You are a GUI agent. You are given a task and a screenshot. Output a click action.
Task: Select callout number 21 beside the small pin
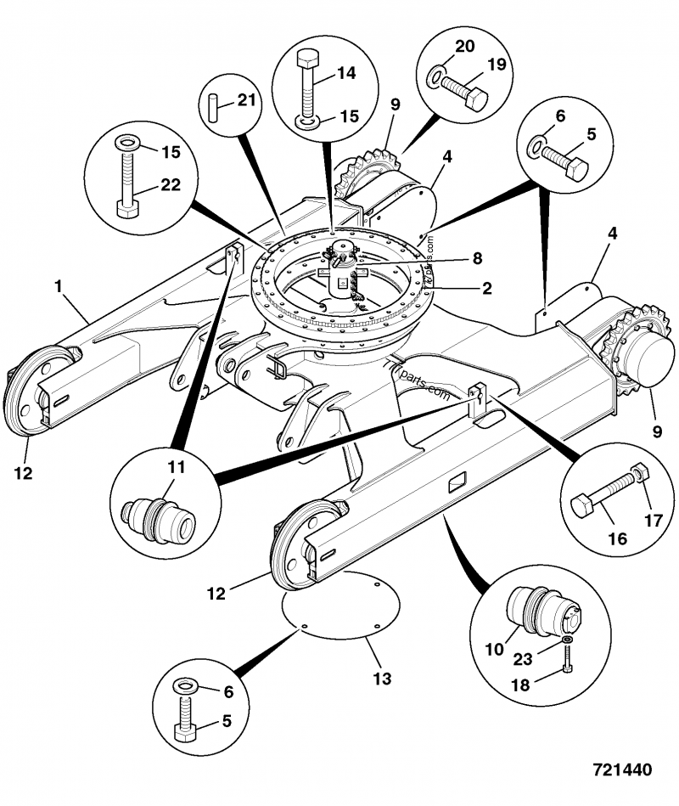pos(245,100)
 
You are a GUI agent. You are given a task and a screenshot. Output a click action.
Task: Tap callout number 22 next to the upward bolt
pos(171,186)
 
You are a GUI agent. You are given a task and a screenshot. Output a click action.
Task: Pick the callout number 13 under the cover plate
pos(382,679)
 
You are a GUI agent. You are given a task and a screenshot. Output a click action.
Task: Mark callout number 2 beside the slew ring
pos(486,288)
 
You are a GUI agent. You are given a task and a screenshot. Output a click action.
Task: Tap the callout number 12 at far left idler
pos(23,473)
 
